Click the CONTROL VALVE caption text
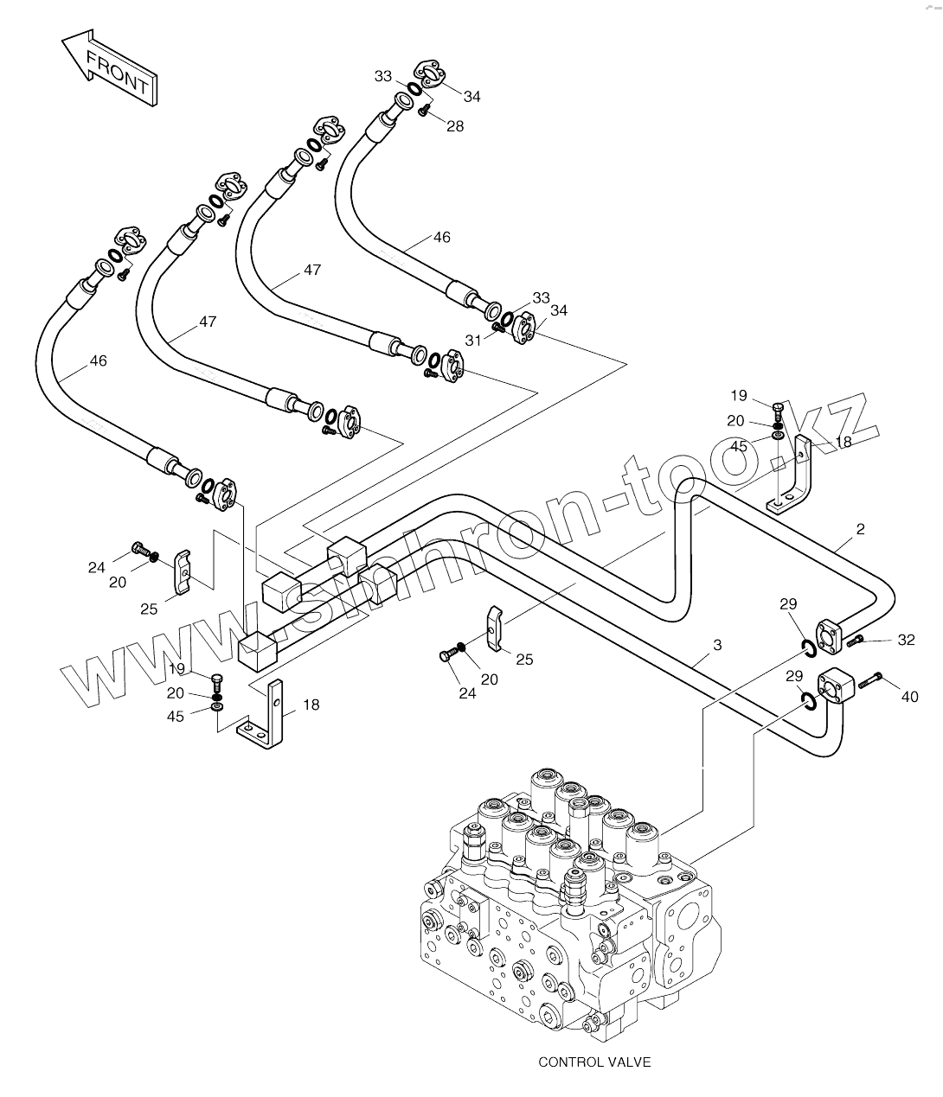coord(593,1062)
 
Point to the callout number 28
coord(455,126)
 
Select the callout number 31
coord(473,339)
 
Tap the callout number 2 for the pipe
coord(860,529)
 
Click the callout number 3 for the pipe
coord(717,645)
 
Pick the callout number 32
coord(906,640)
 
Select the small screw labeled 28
coord(424,110)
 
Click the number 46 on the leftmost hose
coord(98,360)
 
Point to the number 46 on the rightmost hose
coord(441,238)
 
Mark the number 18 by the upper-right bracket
coord(842,441)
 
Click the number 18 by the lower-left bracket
coord(311,705)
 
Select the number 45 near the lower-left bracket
coord(176,717)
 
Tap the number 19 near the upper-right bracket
coord(738,396)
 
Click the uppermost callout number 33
coord(383,76)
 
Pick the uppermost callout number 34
coord(471,96)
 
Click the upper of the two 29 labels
coord(788,604)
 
